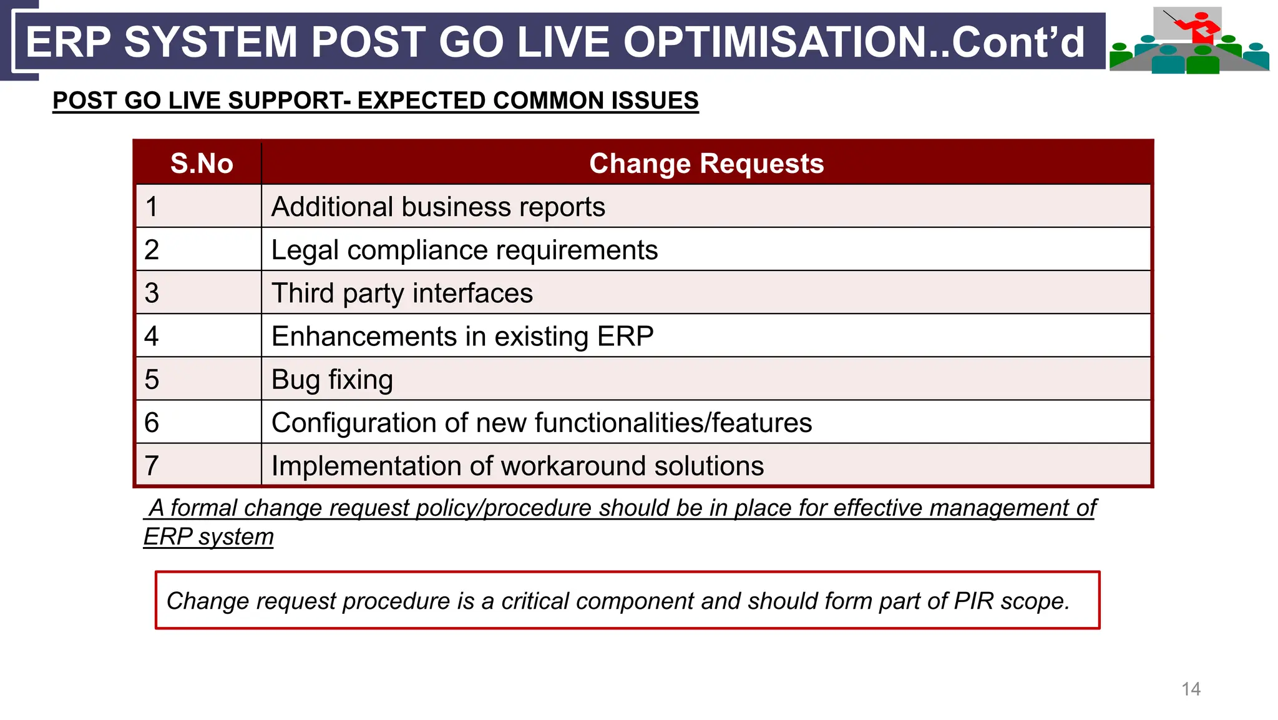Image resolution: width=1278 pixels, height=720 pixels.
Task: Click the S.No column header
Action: (202, 164)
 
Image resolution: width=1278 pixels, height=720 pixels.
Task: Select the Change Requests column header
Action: (706, 164)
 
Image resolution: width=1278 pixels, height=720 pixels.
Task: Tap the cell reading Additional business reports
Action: (438, 207)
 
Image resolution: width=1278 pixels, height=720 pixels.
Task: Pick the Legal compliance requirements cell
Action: (464, 250)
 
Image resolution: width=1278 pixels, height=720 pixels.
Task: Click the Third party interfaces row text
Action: (402, 293)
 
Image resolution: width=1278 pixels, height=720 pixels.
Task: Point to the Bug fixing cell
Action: (332, 380)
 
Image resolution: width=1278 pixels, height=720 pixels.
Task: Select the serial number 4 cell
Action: (152, 336)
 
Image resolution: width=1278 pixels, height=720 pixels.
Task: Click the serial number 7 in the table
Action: (152, 466)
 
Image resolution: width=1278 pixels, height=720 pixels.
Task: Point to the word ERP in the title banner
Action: (69, 42)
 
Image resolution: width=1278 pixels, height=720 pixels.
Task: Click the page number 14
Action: (1191, 689)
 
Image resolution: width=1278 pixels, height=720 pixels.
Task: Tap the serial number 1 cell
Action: (152, 207)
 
